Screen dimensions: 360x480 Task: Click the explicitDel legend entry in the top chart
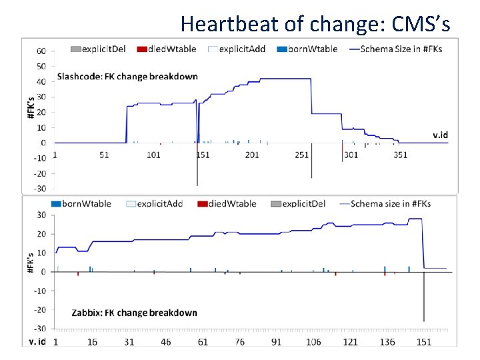[100, 49]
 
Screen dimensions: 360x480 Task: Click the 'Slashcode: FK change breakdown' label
[127, 76]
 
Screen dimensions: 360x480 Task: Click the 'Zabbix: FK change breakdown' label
[134, 313]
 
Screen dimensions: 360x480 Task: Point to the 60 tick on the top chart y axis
[41, 51]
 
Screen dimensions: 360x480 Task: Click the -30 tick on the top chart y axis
[39, 189]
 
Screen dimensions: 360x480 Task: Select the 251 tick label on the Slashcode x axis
[302, 155]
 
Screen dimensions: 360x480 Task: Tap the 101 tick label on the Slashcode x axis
[153, 155]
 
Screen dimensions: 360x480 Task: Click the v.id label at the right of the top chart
[440, 135]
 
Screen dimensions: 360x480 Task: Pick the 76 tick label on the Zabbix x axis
[239, 342]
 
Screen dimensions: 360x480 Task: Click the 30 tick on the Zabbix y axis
[41, 215]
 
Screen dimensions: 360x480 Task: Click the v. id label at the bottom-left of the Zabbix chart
[37, 342]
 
